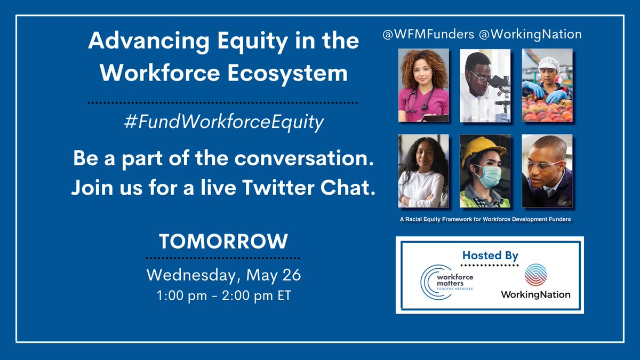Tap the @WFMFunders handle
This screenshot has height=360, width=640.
click(x=427, y=35)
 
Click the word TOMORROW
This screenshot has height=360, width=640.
click(x=223, y=242)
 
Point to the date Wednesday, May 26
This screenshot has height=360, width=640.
click(x=223, y=275)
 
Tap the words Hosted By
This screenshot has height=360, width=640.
click(x=490, y=255)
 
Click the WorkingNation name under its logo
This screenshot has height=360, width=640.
click(x=535, y=294)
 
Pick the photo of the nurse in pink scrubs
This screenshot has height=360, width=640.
click(x=423, y=85)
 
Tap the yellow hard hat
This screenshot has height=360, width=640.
click(x=483, y=149)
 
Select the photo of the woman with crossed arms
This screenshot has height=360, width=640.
click(x=423, y=171)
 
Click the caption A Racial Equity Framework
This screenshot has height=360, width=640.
click(x=485, y=219)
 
